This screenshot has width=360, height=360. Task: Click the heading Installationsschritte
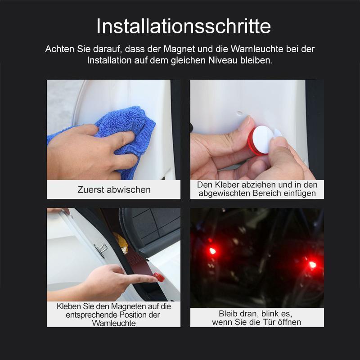[183, 26]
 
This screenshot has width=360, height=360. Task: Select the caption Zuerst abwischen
[114, 189]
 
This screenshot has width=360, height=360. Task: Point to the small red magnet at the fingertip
[158, 277]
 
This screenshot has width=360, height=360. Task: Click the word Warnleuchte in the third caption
[114, 323]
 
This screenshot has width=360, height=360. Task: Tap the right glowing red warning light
[312, 265]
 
